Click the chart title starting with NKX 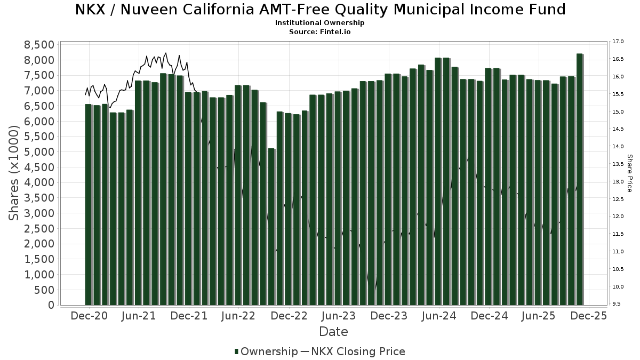(320, 10)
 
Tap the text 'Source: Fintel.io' (320, 32)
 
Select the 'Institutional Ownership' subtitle (320, 23)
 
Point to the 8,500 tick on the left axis (40, 44)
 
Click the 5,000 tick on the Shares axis (40, 152)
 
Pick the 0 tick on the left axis (51, 305)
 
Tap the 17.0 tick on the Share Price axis (619, 42)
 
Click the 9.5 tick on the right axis (617, 304)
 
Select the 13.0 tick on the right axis (619, 181)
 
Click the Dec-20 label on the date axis (89, 316)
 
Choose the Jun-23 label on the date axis (338, 316)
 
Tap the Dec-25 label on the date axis (588, 316)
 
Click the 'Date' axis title (333, 332)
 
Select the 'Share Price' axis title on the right (629, 173)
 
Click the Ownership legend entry (266, 351)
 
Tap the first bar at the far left (88, 205)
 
